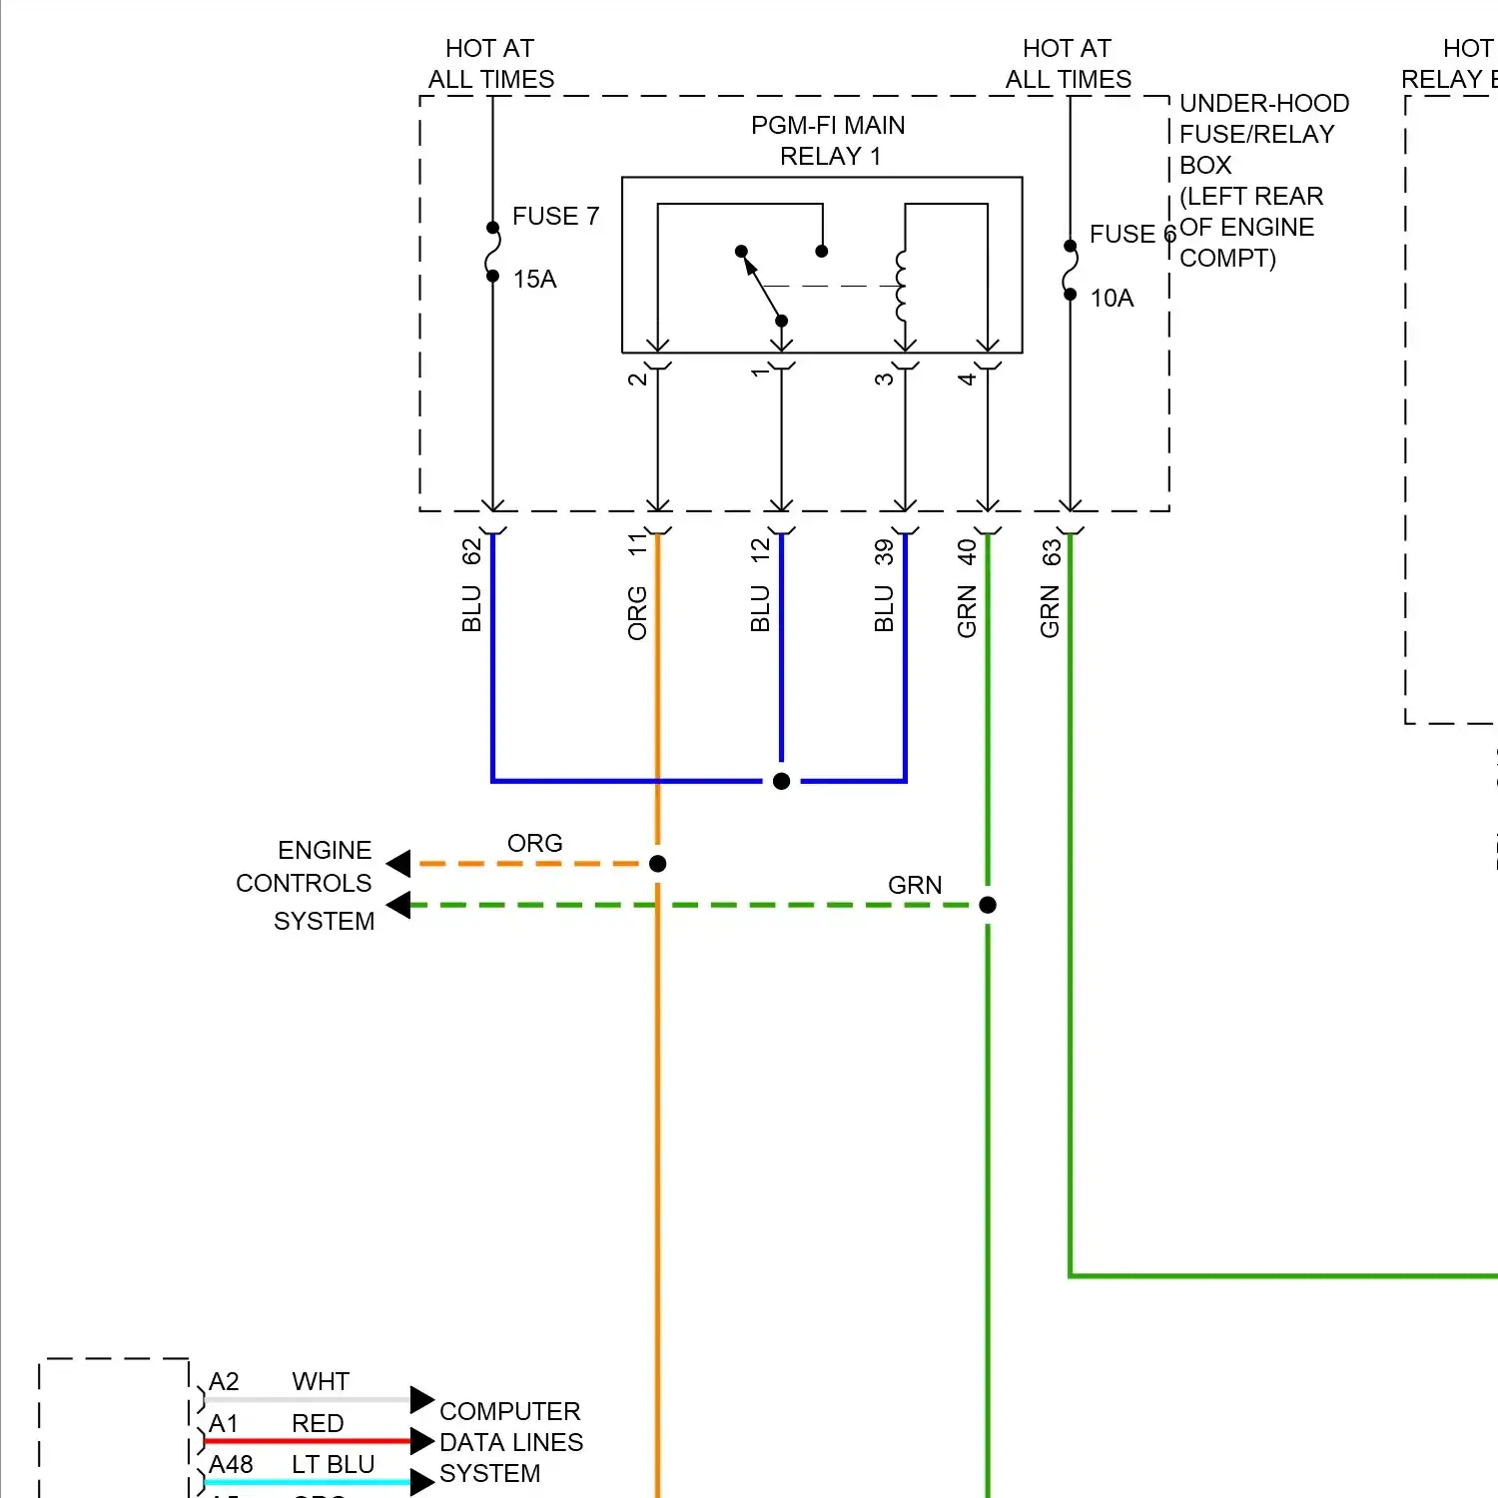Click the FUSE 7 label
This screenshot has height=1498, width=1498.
pos(555,216)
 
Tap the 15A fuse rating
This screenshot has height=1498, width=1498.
pos(534,280)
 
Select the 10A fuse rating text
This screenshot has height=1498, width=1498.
pos(1112,299)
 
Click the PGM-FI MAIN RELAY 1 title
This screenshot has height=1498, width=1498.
pos(828,141)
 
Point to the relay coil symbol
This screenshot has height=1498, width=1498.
pos(901,286)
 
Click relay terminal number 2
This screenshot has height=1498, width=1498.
pos(637,379)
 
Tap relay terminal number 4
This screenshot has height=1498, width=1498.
pos(967,379)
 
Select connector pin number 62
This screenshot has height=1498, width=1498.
pos(471,551)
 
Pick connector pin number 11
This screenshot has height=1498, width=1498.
pos(637,545)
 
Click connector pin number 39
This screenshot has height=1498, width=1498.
pos(884,551)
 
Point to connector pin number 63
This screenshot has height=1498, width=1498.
pos(1051,552)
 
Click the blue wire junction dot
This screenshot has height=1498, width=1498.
pos(782,781)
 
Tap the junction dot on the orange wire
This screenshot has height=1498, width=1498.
pos(657,864)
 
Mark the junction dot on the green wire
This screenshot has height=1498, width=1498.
pos(988,905)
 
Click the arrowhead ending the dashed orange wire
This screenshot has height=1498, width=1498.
pos(398,864)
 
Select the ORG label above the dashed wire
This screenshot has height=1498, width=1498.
pos(534,844)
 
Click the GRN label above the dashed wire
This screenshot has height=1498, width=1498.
pos(914,886)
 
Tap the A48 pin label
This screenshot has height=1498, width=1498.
pos(231,1465)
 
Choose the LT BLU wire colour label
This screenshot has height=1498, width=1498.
pos(333,1465)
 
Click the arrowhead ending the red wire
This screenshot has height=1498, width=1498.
pos(422,1441)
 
